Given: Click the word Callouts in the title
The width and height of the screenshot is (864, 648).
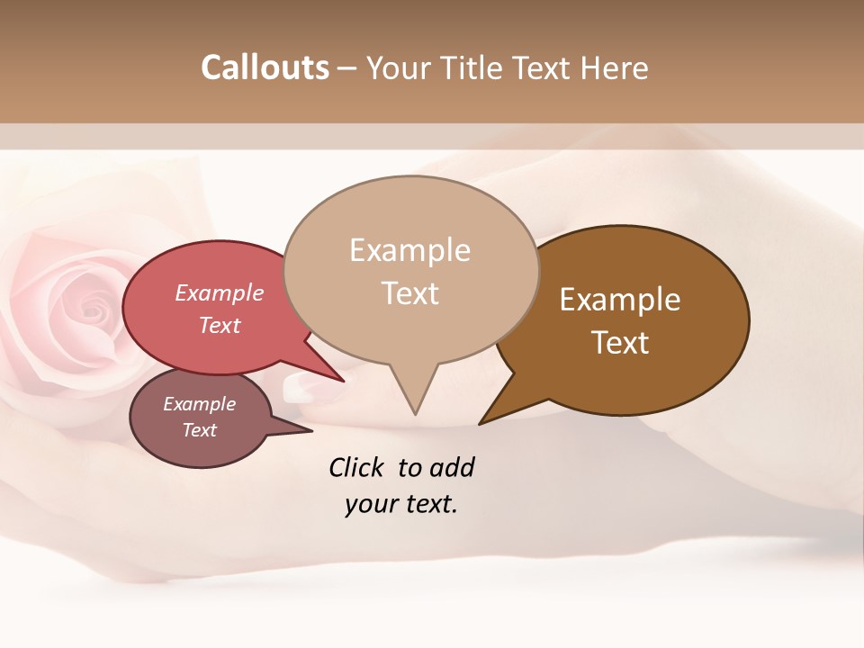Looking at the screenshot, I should (x=265, y=67).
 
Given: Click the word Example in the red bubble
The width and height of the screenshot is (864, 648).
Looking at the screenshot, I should (x=219, y=292).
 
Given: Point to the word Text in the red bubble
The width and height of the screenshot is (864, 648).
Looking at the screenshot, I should (x=219, y=325).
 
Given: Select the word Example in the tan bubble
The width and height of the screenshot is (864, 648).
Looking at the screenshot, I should (x=409, y=250).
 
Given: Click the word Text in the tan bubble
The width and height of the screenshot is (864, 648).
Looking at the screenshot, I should (x=409, y=293).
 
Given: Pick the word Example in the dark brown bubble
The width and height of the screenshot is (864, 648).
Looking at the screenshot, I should (x=620, y=300).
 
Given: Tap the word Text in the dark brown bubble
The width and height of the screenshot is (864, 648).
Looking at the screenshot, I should (x=620, y=343).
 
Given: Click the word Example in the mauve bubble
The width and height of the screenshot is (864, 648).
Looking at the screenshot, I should (x=199, y=404).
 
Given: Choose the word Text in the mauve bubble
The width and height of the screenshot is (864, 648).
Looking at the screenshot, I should (x=199, y=430).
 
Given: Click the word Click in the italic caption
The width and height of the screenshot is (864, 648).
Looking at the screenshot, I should (x=356, y=467).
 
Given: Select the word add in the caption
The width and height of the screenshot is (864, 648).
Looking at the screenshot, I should (x=452, y=467).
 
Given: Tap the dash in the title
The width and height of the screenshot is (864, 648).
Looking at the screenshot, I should (x=347, y=68).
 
